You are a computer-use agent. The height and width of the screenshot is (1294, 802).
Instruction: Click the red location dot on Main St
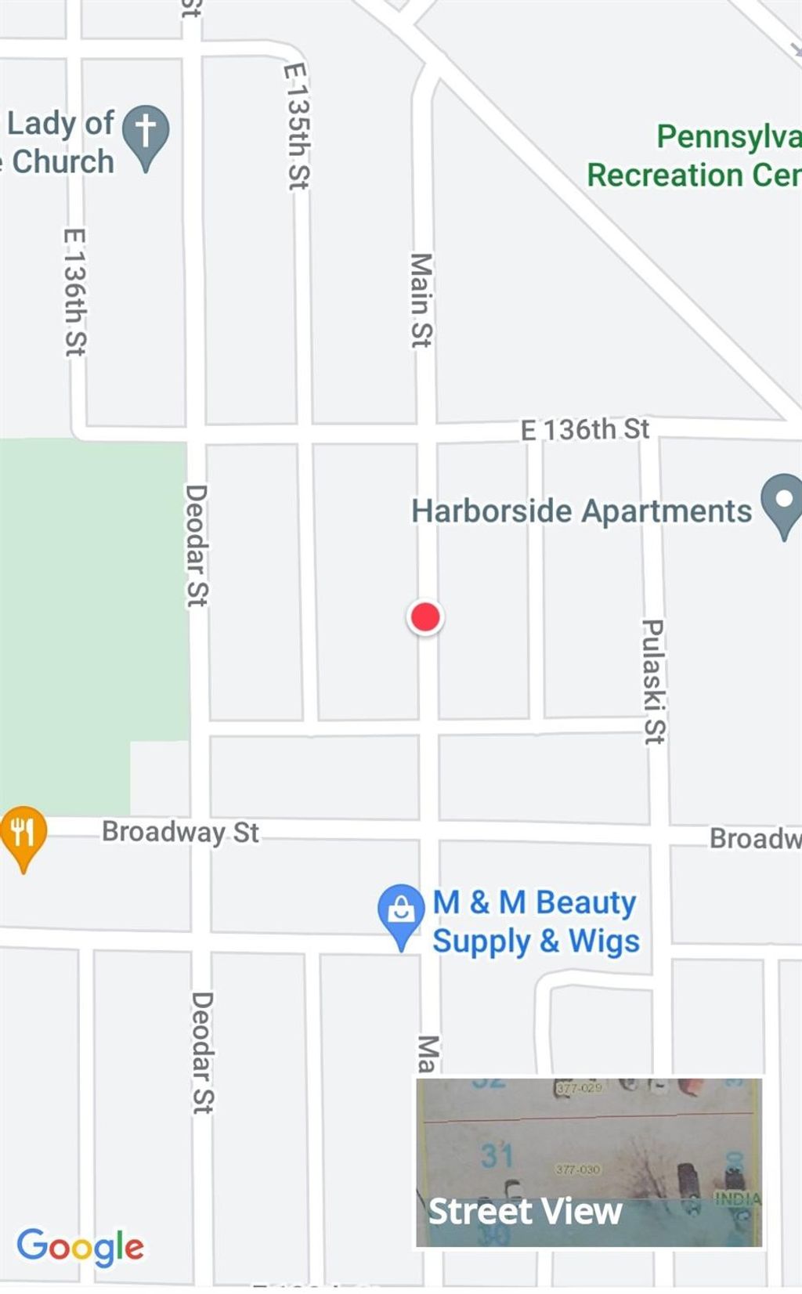(x=425, y=617)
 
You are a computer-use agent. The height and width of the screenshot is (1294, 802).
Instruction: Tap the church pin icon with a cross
(x=145, y=134)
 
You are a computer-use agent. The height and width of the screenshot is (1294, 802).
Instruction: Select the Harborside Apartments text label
(x=581, y=511)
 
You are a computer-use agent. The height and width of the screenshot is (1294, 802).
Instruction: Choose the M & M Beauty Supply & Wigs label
(x=536, y=922)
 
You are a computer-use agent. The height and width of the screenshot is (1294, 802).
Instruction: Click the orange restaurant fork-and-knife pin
(x=23, y=834)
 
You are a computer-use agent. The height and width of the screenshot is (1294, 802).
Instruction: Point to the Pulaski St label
(x=653, y=681)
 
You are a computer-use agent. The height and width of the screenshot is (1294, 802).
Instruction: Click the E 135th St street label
(x=297, y=126)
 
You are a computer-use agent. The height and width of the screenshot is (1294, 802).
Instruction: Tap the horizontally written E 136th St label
(x=585, y=429)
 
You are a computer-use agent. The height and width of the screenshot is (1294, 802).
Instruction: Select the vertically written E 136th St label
(x=75, y=291)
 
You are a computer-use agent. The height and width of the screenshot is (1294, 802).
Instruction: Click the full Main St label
(x=421, y=300)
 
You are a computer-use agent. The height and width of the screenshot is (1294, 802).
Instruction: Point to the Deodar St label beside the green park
(x=196, y=545)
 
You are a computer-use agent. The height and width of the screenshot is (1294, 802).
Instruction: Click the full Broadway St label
(x=180, y=832)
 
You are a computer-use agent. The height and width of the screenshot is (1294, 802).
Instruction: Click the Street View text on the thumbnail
(x=525, y=1211)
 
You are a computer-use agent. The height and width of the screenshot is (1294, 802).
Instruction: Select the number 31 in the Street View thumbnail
(x=497, y=1155)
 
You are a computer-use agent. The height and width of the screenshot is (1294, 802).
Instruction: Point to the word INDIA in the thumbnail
(x=737, y=1198)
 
